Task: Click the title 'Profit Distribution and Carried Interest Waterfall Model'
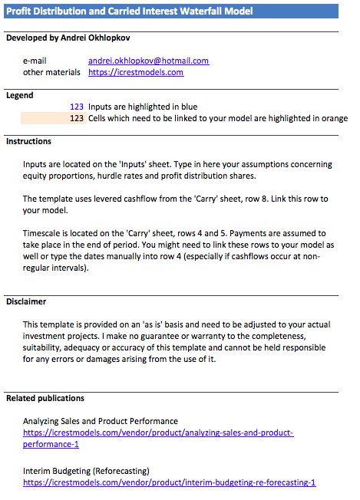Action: [129, 11]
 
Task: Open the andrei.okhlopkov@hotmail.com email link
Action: [148, 61]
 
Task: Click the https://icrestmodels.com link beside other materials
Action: [136, 72]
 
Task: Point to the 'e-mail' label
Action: [36, 61]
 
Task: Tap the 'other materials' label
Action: [51, 72]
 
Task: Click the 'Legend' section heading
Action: [20, 96]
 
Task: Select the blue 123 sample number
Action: [76, 107]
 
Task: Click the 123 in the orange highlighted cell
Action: [76, 119]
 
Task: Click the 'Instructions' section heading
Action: [28, 142]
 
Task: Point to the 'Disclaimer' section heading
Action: [26, 302]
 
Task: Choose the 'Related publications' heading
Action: [45, 398]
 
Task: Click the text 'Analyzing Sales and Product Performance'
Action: [101, 421]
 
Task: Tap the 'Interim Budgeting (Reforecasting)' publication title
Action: [86, 471]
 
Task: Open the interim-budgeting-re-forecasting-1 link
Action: [169, 483]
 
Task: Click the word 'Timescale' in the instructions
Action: [43, 234]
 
